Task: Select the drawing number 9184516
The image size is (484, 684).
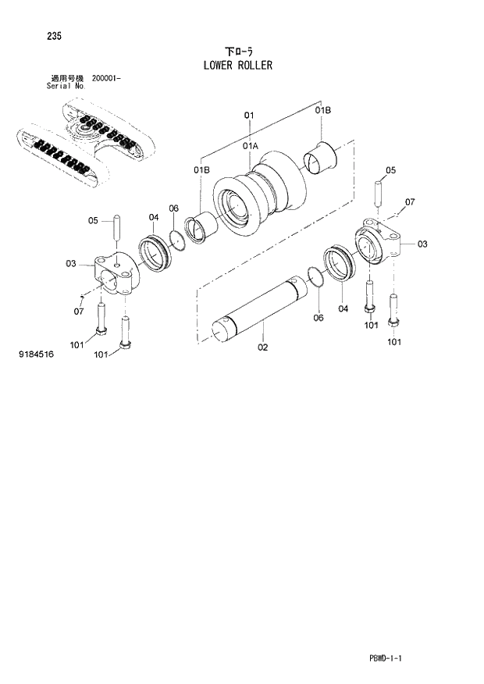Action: (36, 354)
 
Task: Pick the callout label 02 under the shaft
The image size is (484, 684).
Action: (263, 347)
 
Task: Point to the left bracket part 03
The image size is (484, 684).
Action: (112, 274)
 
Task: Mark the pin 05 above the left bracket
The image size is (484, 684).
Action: (116, 227)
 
